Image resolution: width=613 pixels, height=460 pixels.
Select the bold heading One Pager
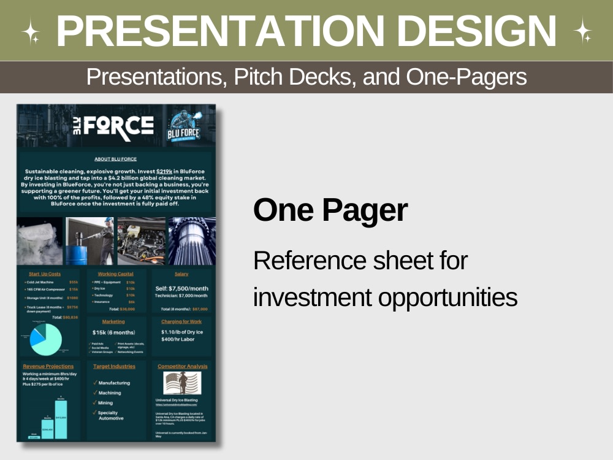click(330, 210)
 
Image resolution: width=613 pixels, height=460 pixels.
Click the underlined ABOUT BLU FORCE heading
click(116, 159)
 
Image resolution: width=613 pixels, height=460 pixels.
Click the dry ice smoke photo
click(39, 241)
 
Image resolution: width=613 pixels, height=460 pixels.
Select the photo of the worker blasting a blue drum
click(90, 241)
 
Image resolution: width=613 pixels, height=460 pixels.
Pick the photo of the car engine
click(141, 241)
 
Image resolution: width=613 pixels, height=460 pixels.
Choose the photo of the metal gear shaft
click(191, 241)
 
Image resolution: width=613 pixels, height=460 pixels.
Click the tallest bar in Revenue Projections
click(61, 419)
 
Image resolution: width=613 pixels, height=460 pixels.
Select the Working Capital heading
click(115, 274)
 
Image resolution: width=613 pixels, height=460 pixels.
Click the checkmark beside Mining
click(94, 403)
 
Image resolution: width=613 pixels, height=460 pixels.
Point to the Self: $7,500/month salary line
click(181, 288)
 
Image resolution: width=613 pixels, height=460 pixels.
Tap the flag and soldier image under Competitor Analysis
click(182, 383)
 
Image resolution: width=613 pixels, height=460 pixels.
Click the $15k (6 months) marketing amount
click(113, 332)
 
